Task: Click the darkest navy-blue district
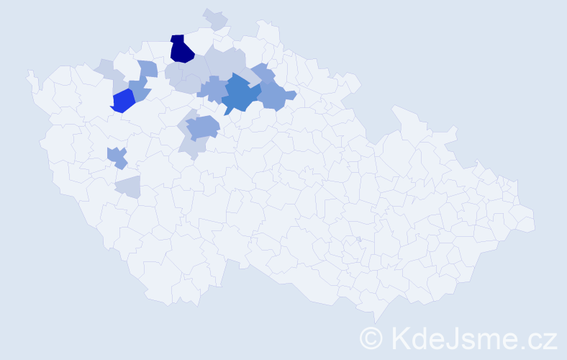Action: click(181, 49)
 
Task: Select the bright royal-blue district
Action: click(123, 101)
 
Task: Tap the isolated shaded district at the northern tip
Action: click(215, 19)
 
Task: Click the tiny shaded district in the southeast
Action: click(358, 239)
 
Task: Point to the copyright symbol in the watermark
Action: click(371, 337)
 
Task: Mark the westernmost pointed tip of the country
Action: click(28, 73)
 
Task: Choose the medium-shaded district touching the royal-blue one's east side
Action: click(140, 89)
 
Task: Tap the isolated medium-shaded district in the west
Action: click(117, 156)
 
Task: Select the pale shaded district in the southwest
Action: click(127, 186)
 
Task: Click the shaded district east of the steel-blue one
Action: click(276, 94)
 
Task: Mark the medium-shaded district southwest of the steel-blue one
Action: click(201, 128)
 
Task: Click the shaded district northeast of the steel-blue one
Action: click(263, 73)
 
